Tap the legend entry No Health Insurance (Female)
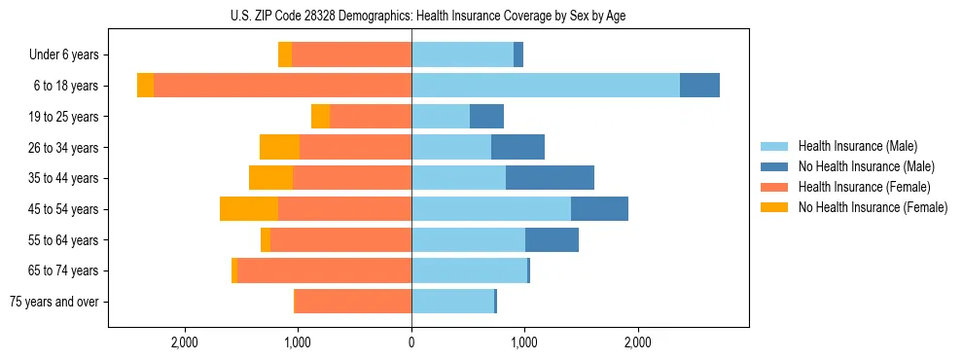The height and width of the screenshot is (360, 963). (873, 207)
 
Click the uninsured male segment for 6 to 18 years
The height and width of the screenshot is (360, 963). (699, 86)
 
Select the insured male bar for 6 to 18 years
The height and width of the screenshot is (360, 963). (545, 86)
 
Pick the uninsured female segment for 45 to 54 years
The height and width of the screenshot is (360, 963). (249, 209)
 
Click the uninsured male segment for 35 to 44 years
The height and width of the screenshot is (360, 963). (550, 178)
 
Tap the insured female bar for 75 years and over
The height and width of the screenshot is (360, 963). (352, 302)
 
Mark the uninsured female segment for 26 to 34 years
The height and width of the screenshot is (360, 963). (279, 147)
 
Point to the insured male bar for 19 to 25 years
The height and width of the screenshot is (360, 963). (441, 117)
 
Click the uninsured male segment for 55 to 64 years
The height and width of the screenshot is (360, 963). (552, 239)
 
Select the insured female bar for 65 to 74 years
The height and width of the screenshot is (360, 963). (324, 270)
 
